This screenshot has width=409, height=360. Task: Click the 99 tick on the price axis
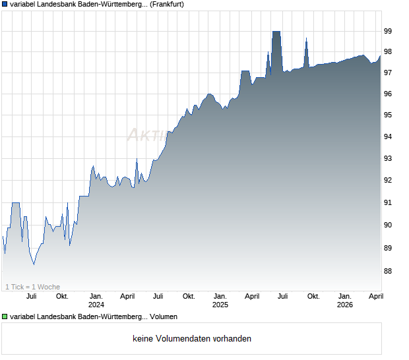[x=389, y=31]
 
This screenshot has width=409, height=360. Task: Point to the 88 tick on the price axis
[x=389, y=271]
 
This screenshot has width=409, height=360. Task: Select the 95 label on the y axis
[x=389, y=115]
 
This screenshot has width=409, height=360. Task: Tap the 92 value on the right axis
[x=389, y=180]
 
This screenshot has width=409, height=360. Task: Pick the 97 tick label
[x=389, y=73]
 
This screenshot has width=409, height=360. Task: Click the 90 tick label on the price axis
[x=389, y=225]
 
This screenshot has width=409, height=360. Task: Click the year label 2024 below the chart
[x=96, y=305]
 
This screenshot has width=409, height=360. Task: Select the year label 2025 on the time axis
[x=220, y=305]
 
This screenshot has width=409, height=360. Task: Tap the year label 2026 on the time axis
[x=344, y=305]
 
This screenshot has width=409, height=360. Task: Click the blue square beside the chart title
[x=5, y=5]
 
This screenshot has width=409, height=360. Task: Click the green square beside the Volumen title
[x=5, y=317]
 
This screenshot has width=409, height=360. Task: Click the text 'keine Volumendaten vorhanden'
[x=191, y=339]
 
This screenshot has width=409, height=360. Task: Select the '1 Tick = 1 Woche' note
[x=32, y=287]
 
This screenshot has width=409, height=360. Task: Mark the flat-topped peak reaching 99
[x=276, y=32]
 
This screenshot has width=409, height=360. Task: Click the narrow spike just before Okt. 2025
[x=306, y=40]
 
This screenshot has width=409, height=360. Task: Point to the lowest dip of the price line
[x=34, y=264]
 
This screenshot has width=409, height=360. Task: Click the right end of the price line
[x=381, y=55]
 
